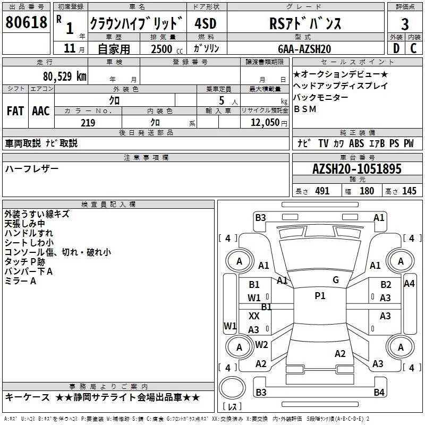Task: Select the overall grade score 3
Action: click(405, 24)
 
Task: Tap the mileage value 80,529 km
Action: click(64, 76)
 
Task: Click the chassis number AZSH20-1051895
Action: click(357, 169)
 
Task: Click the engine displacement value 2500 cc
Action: click(164, 49)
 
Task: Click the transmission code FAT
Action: click(15, 111)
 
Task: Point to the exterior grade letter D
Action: click(396, 49)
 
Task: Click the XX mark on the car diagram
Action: click(254, 316)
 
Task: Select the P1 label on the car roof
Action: click(320, 296)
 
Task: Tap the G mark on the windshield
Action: click(336, 280)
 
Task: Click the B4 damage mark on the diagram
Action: click(378, 392)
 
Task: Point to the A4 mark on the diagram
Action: click(409, 284)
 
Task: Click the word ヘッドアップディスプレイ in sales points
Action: click(341, 86)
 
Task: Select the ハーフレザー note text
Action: click(32, 168)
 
